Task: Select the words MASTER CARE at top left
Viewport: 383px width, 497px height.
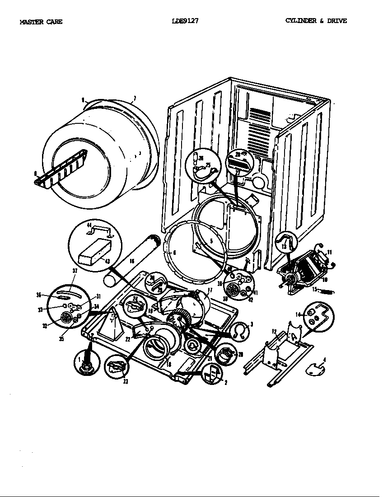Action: click(41, 22)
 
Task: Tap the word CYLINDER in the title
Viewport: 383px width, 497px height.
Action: click(301, 21)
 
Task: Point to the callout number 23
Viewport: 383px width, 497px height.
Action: click(125, 381)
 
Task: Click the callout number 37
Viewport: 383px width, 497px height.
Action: click(75, 271)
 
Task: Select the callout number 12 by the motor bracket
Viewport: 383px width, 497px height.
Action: click(274, 332)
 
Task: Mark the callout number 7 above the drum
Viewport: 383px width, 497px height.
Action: click(135, 98)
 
